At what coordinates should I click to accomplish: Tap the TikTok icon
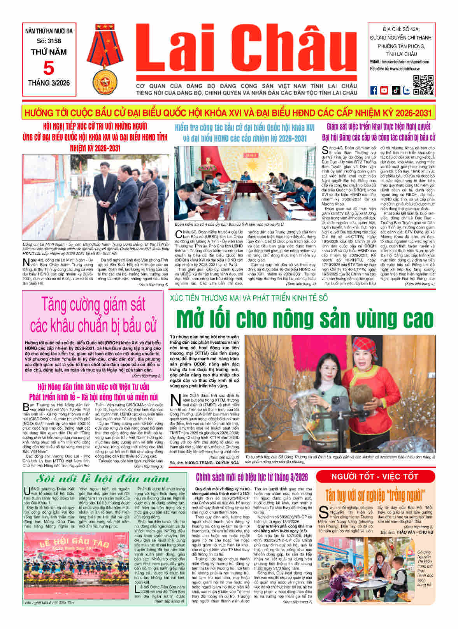(x=395, y=90)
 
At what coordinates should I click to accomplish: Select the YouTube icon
(x=384, y=90)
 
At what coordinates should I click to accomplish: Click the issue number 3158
(x=49, y=41)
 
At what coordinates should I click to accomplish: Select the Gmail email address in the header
(x=405, y=62)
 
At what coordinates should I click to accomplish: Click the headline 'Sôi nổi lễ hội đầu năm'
(x=103, y=479)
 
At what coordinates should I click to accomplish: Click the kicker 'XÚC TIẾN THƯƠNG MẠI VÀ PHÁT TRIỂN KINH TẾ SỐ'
(x=249, y=298)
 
